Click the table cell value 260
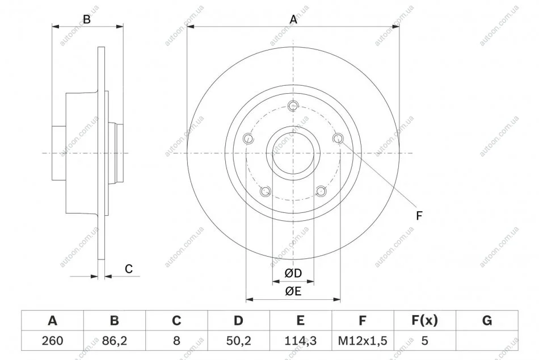52,340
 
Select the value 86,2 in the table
115,341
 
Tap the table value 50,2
238,341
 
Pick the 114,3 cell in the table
301,341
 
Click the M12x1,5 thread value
363,341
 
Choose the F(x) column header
424,320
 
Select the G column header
487,320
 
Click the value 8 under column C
176,340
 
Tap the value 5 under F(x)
424,340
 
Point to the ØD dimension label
293,273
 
